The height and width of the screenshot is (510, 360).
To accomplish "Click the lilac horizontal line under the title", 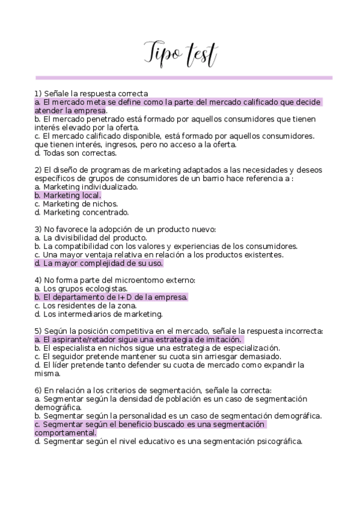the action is pyautogui.click(x=183, y=78).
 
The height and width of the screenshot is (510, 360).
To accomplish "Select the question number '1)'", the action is pyautogui.click(x=38, y=94).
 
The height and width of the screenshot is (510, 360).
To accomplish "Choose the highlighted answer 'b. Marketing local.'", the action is pyautogui.click(x=68, y=195).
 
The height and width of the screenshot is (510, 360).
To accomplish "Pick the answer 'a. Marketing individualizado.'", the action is pyautogui.click(x=86, y=187).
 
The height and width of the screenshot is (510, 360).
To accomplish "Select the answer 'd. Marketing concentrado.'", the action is pyautogui.click(x=82, y=212).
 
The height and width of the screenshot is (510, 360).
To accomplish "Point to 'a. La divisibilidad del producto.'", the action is pyautogui.click(x=91, y=238).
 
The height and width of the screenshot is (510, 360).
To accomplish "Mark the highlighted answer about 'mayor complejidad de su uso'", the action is pyautogui.click(x=99, y=263).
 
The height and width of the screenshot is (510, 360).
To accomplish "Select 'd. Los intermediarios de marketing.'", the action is pyautogui.click(x=99, y=314).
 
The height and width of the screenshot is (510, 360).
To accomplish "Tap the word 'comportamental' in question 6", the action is pyautogui.click(x=64, y=432).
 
